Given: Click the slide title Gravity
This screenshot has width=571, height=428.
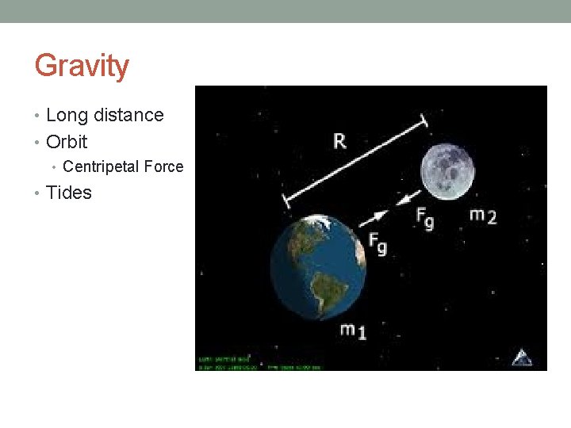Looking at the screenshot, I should click(x=82, y=66).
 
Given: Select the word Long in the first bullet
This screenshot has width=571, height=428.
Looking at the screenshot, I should click(x=67, y=115).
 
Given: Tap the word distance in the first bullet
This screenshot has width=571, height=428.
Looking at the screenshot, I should click(x=128, y=115).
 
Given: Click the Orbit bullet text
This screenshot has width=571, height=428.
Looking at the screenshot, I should click(x=67, y=142).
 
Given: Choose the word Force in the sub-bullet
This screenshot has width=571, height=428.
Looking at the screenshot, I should click(x=163, y=166).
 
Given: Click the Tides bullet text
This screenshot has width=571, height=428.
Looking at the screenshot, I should click(x=69, y=193).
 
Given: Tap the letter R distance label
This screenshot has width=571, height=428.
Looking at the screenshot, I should click(x=339, y=142).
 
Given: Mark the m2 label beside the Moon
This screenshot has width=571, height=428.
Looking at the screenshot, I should click(x=483, y=215).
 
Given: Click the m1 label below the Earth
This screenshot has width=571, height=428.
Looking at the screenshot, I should click(x=354, y=331).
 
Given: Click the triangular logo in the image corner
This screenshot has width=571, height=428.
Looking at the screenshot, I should click(x=521, y=357).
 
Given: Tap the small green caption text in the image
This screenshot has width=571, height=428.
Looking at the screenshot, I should click(x=258, y=364).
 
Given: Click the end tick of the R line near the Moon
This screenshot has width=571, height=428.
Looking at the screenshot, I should click(x=423, y=120).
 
